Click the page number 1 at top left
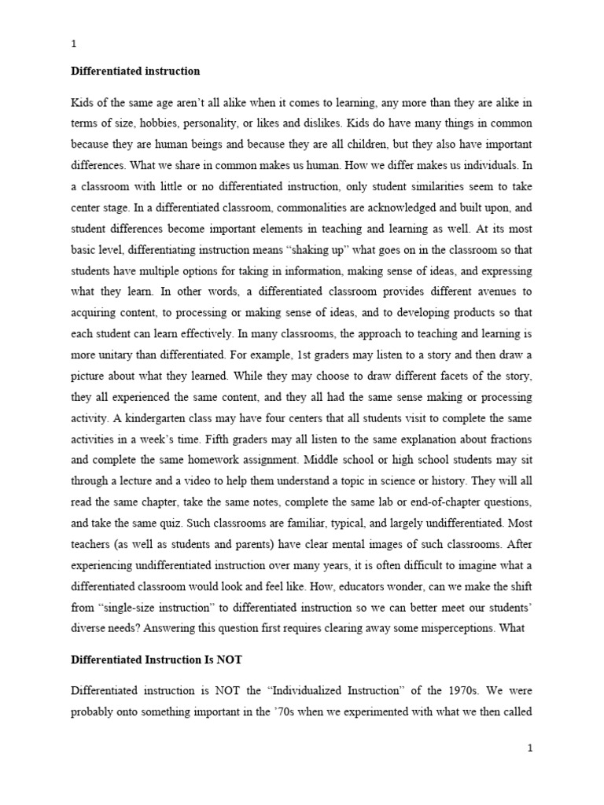(73, 45)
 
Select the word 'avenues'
(499, 291)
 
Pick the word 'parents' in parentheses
(270, 543)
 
